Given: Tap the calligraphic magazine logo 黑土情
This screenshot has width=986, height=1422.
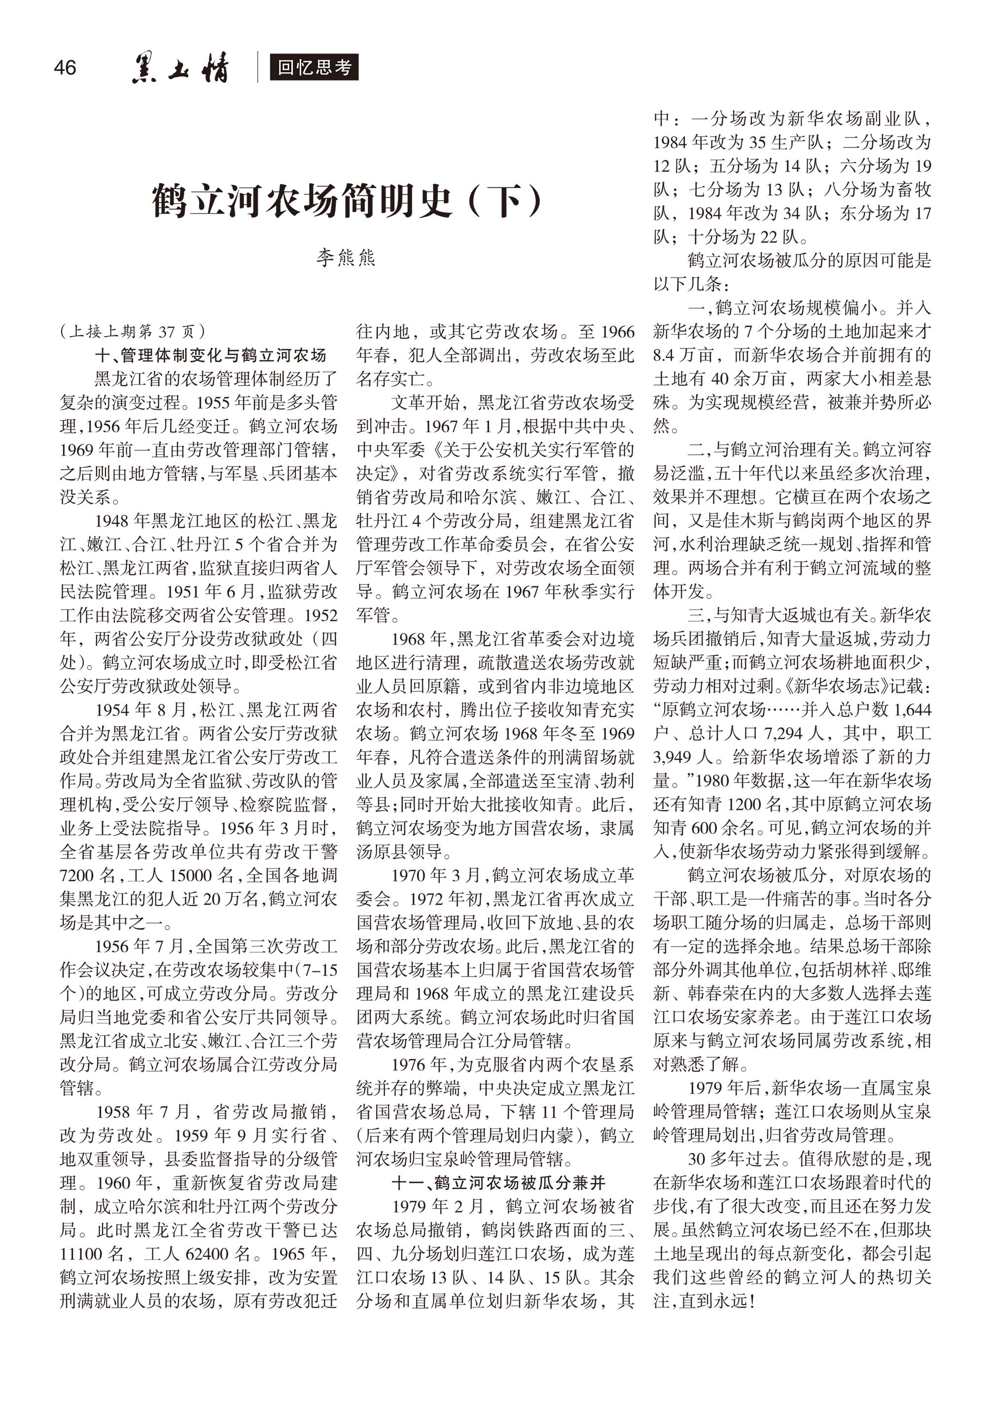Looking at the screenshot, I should (180, 68).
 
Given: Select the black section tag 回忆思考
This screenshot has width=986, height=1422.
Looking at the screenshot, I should (314, 68).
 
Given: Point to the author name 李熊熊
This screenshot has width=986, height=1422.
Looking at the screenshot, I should (346, 257).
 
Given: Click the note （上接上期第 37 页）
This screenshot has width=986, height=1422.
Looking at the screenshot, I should (133, 332).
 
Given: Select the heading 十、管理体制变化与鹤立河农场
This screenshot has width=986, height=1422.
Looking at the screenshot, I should (210, 355).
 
